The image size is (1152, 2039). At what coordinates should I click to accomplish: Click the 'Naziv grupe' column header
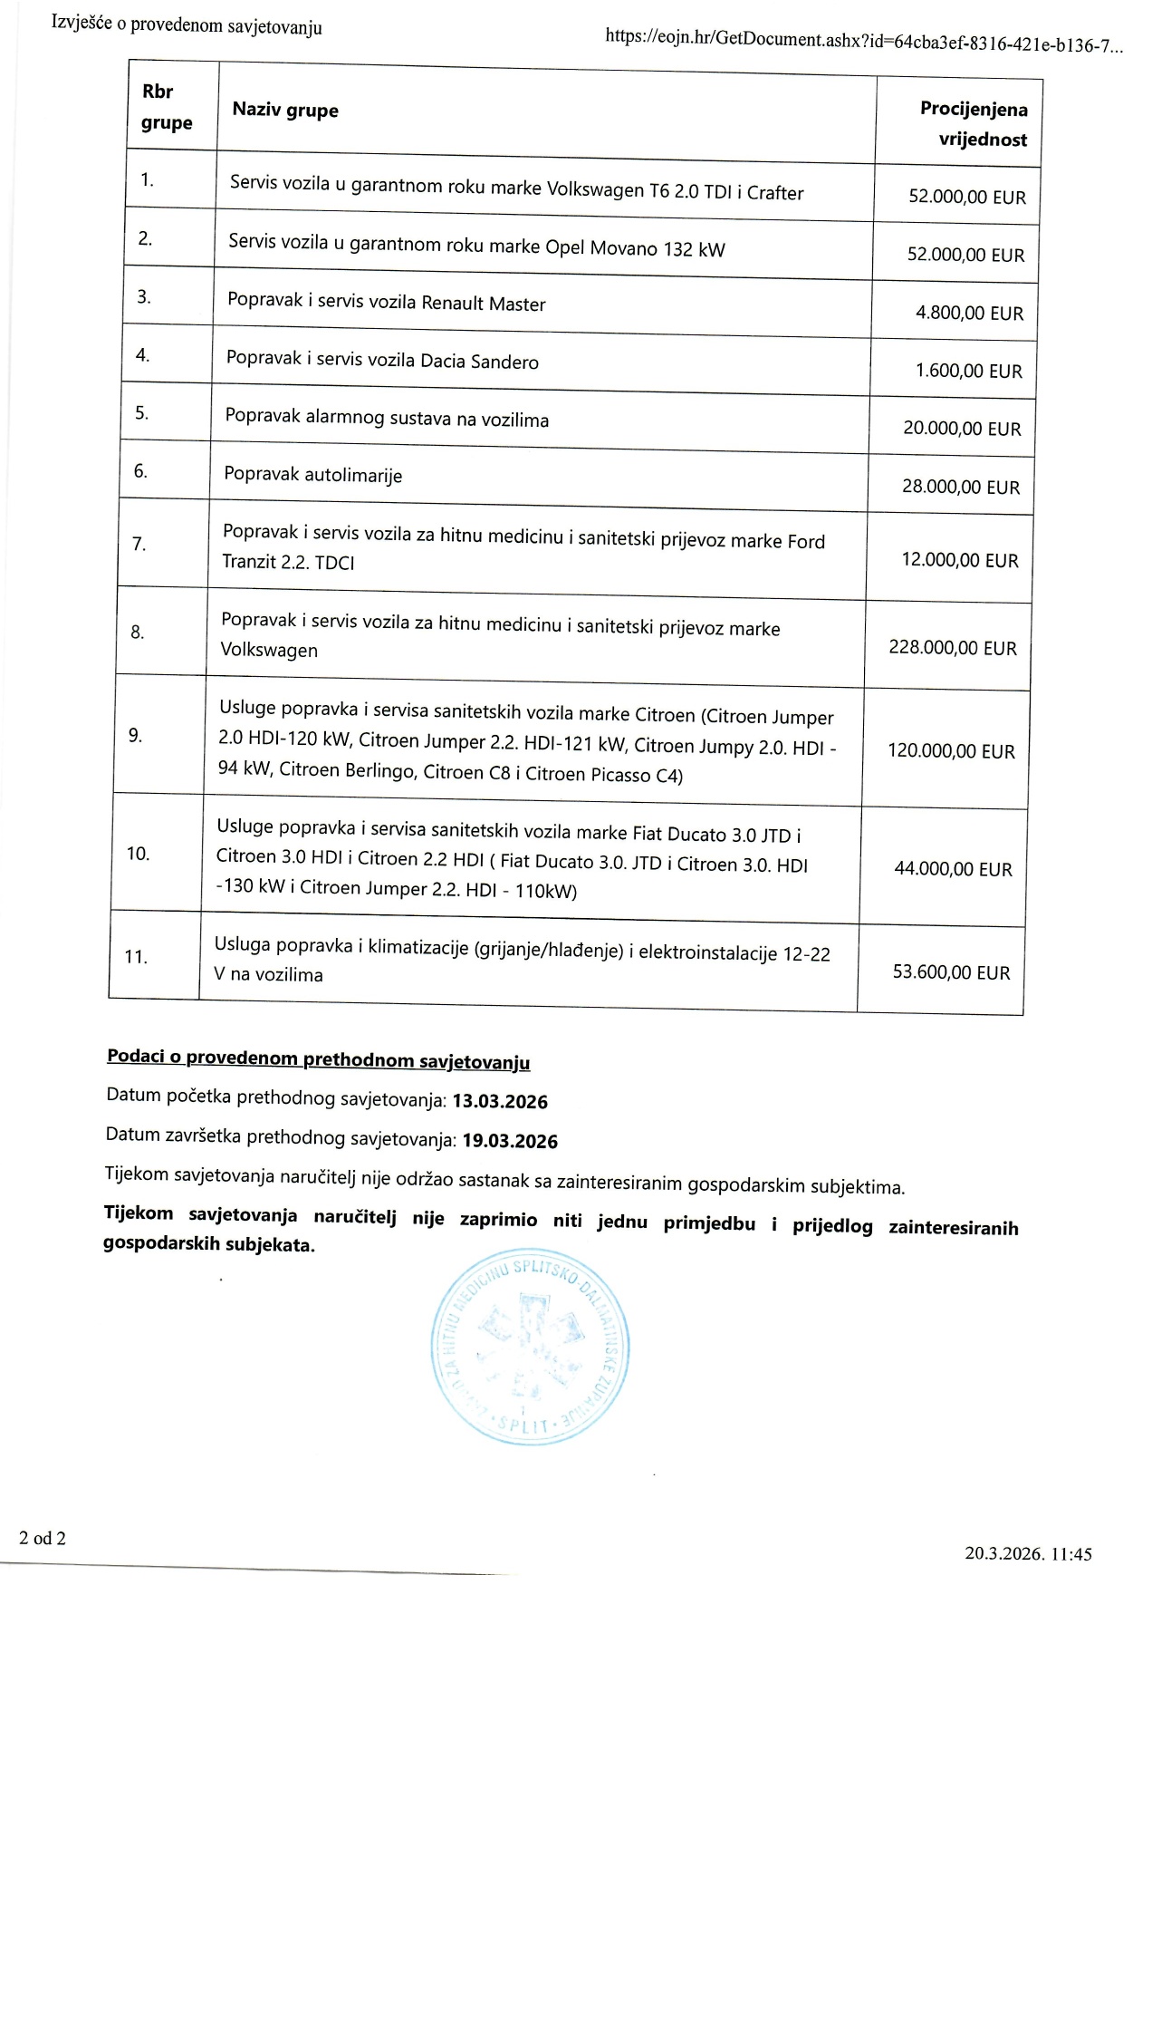[x=285, y=111]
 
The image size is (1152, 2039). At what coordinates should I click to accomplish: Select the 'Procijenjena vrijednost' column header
[x=974, y=124]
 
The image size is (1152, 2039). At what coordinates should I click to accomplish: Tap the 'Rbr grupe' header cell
[x=167, y=107]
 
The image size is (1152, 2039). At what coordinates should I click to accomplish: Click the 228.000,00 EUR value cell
[x=953, y=648]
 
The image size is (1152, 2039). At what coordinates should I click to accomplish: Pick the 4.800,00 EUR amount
[x=969, y=314]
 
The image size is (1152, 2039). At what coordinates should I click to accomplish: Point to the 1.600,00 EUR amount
[x=968, y=371]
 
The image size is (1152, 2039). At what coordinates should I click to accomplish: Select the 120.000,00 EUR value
[x=951, y=751]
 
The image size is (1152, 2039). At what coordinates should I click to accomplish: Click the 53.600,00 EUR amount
[x=951, y=972]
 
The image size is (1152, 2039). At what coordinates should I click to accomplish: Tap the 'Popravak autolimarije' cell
[x=313, y=475]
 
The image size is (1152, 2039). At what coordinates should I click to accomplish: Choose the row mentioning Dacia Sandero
[x=382, y=360]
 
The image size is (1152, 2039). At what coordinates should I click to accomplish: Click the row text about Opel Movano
[x=476, y=246]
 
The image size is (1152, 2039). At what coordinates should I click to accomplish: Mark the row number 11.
[x=136, y=956]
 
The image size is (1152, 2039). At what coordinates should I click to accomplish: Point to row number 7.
[x=139, y=544]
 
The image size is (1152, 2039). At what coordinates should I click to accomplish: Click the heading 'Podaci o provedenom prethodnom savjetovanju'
[x=318, y=1059]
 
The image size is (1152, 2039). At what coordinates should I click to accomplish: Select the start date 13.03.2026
[x=500, y=1101]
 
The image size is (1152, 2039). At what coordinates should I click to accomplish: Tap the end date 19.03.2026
[x=510, y=1141]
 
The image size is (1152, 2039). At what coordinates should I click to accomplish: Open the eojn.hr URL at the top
[x=863, y=42]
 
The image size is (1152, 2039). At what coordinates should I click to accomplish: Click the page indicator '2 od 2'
[x=43, y=1538]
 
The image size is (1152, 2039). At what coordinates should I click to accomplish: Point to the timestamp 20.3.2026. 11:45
[x=1028, y=1553]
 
